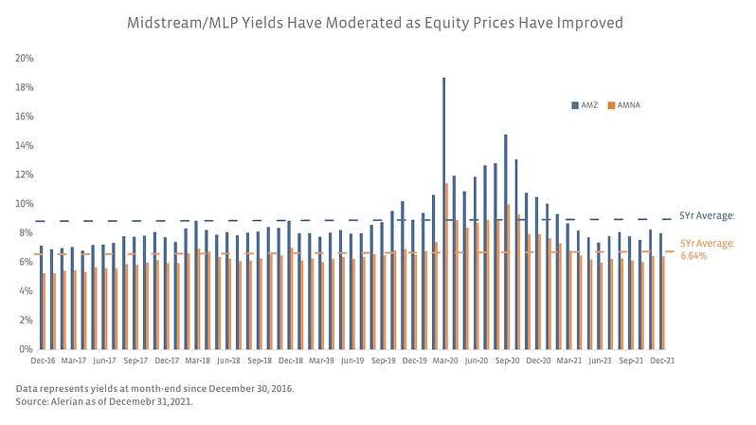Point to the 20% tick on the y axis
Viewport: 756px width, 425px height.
(25, 58)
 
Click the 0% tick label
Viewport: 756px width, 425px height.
(27, 349)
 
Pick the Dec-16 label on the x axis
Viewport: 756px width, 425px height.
(44, 361)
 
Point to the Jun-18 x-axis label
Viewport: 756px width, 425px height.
(227, 361)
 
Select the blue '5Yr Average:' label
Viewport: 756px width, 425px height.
(708, 215)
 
